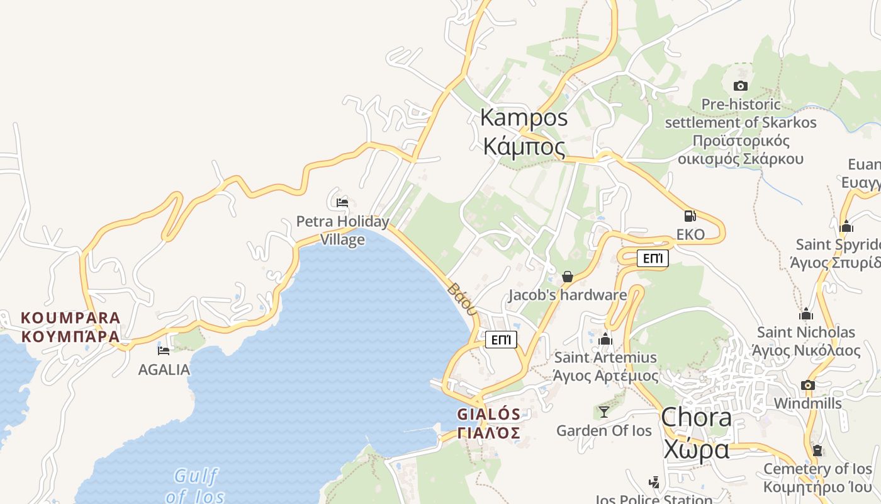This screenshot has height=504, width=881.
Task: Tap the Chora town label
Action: click(696, 433)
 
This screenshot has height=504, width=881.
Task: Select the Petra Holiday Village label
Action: click(343, 231)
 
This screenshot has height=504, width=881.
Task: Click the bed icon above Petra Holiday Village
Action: click(342, 203)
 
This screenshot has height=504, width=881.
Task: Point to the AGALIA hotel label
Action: click(164, 370)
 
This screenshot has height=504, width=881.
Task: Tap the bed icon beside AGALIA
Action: click(164, 350)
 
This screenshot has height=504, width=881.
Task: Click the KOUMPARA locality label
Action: click(70, 326)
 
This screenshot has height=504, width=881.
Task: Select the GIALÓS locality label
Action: click(489, 423)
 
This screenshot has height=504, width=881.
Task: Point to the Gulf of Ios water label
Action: click(195, 485)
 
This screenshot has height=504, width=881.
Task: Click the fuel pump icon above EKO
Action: click(690, 215)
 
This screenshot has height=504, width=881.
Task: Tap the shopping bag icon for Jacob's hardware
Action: click(568, 277)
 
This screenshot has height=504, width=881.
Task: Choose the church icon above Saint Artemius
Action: click(605, 340)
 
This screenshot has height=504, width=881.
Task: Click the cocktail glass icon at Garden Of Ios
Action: click(604, 412)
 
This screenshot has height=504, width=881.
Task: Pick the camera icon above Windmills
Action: click(808, 385)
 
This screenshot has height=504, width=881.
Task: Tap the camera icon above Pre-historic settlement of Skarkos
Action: click(741, 86)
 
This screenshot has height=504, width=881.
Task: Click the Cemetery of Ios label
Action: click(817, 478)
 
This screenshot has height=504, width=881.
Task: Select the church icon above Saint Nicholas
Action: click(806, 314)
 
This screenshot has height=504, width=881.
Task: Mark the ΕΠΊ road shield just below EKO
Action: click(653, 258)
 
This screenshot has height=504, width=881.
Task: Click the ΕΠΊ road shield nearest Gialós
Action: click(501, 340)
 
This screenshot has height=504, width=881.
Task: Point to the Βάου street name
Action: click(463, 299)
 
